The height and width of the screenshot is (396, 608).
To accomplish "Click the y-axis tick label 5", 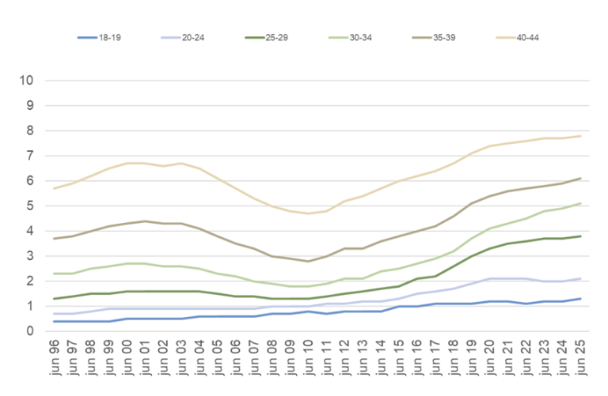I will point(29,206).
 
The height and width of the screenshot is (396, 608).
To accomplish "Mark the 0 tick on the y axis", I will point(29,331).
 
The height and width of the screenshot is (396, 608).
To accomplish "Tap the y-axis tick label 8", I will point(29,130).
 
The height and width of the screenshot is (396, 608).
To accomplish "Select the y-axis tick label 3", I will point(29,256).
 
